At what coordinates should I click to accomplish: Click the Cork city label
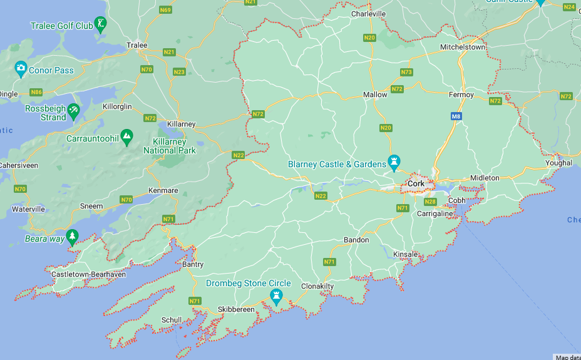tap(416, 183)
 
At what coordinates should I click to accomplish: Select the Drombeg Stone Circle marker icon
tap(275, 296)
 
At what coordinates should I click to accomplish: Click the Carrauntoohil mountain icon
tap(126, 136)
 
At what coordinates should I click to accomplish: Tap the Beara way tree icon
tap(73, 236)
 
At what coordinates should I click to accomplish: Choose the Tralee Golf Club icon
tap(100, 24)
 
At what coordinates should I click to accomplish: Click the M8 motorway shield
tap(455, 116)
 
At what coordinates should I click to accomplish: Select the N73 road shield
tap(406, 72)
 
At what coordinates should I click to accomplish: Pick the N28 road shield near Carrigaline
tap(430, 202)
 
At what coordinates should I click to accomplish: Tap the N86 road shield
tap(36, 92)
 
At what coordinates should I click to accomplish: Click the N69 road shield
tap(165, 9)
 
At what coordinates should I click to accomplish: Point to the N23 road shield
tap(179, 71)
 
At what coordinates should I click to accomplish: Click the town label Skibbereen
tap(236, 310)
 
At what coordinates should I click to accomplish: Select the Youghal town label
tap(558, 163)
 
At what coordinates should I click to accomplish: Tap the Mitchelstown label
tap(463, 47)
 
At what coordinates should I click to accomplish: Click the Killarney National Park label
tap(169, 146)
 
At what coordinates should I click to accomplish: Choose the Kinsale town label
tap(405, 254)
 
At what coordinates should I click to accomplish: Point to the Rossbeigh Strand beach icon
tap(73, 112)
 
